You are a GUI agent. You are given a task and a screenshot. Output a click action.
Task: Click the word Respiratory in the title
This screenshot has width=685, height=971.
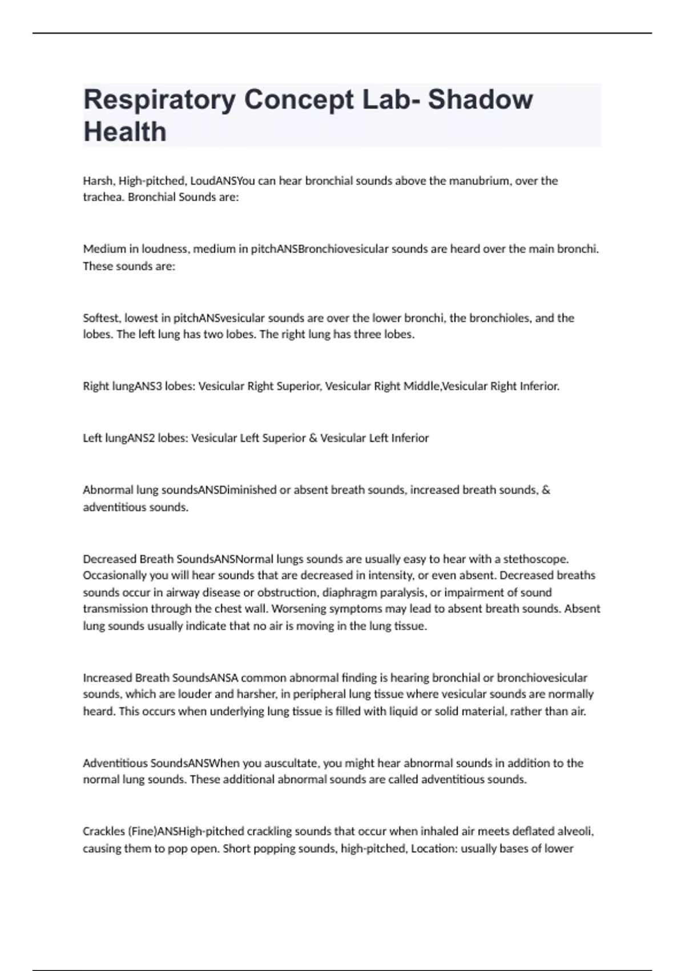(159, 100)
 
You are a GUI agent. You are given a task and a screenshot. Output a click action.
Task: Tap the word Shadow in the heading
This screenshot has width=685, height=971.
(480, 99)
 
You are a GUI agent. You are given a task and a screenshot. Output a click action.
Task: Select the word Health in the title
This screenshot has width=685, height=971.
(125, 132)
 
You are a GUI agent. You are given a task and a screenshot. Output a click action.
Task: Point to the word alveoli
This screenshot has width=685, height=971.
(575, 832)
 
